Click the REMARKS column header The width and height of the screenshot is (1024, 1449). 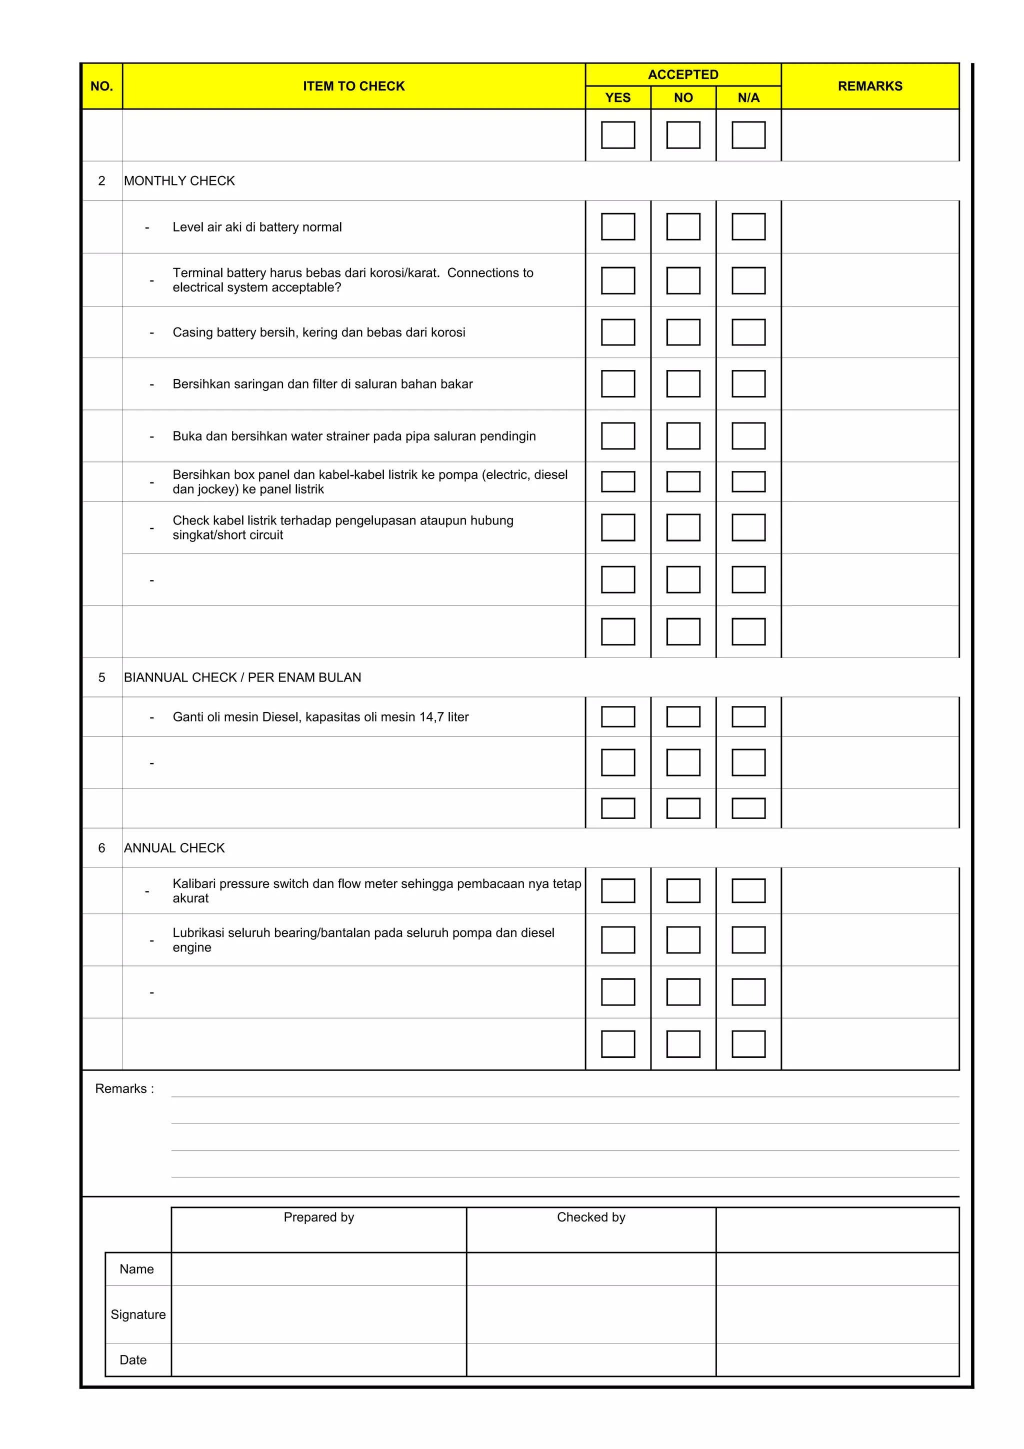click(x=869, y=86)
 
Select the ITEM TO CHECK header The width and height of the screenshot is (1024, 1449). click(x=353, y=86)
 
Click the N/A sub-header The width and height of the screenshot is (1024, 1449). click(x=748, y=98)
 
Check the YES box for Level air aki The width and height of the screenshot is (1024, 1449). click(x=617, y=226)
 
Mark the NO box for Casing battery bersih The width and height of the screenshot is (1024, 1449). click(x=683, y=332)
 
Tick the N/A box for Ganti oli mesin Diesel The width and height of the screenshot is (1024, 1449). click(x=748, y=717)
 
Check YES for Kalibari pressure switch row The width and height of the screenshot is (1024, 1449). click(x=617, y=890)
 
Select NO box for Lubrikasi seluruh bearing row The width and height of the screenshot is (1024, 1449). click(x=683, y=939)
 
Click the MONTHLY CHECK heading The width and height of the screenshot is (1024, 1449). click(x=179, y=181)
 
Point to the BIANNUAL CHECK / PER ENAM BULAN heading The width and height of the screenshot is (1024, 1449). click(x=242, y=677)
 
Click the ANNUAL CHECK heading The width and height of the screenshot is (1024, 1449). click(x=174, y=847)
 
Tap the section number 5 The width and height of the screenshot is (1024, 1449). click(x=101, y=677)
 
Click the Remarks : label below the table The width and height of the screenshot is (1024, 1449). click(x=124, y=1088)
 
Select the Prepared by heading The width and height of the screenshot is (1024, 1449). click(x=318, y=1217)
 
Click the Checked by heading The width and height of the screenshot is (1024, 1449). click(x=590, y=1217)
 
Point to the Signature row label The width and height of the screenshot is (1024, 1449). click(x=138, y=1314)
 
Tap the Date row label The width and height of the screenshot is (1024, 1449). click(x=133, y=1359)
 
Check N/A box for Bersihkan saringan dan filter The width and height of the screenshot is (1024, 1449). click(x=748, y=383)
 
